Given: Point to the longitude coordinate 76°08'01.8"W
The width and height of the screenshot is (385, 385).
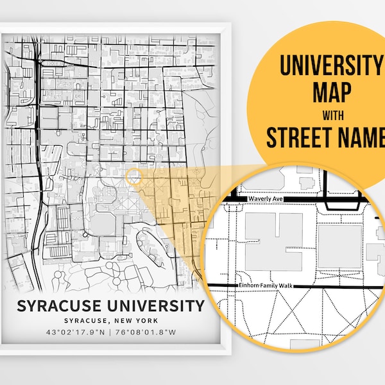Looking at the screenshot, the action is (x=146, y=332).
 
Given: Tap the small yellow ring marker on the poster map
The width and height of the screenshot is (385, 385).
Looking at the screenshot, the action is (x=133, y=176).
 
